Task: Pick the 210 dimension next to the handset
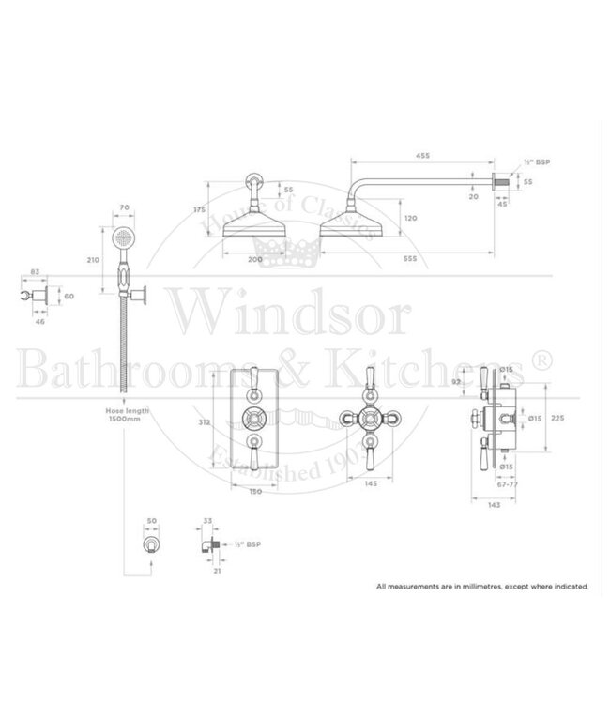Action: point(92,259)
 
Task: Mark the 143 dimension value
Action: point(494,506)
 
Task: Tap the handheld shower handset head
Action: point(122,242)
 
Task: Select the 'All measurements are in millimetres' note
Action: point(482,586)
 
